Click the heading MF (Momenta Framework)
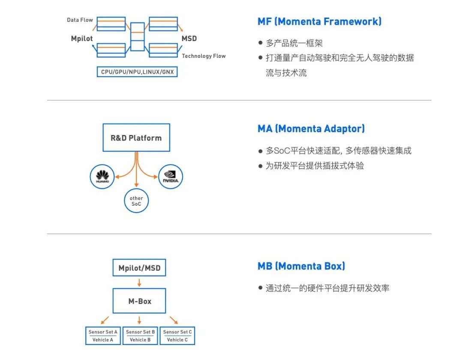319,21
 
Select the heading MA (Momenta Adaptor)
311,129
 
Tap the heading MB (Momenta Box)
301,266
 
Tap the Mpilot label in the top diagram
82,39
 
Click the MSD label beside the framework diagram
189,39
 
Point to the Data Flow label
80,20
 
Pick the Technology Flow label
204,56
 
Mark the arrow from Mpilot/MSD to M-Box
139,282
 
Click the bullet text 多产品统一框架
294,43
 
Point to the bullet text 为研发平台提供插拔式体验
315,166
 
